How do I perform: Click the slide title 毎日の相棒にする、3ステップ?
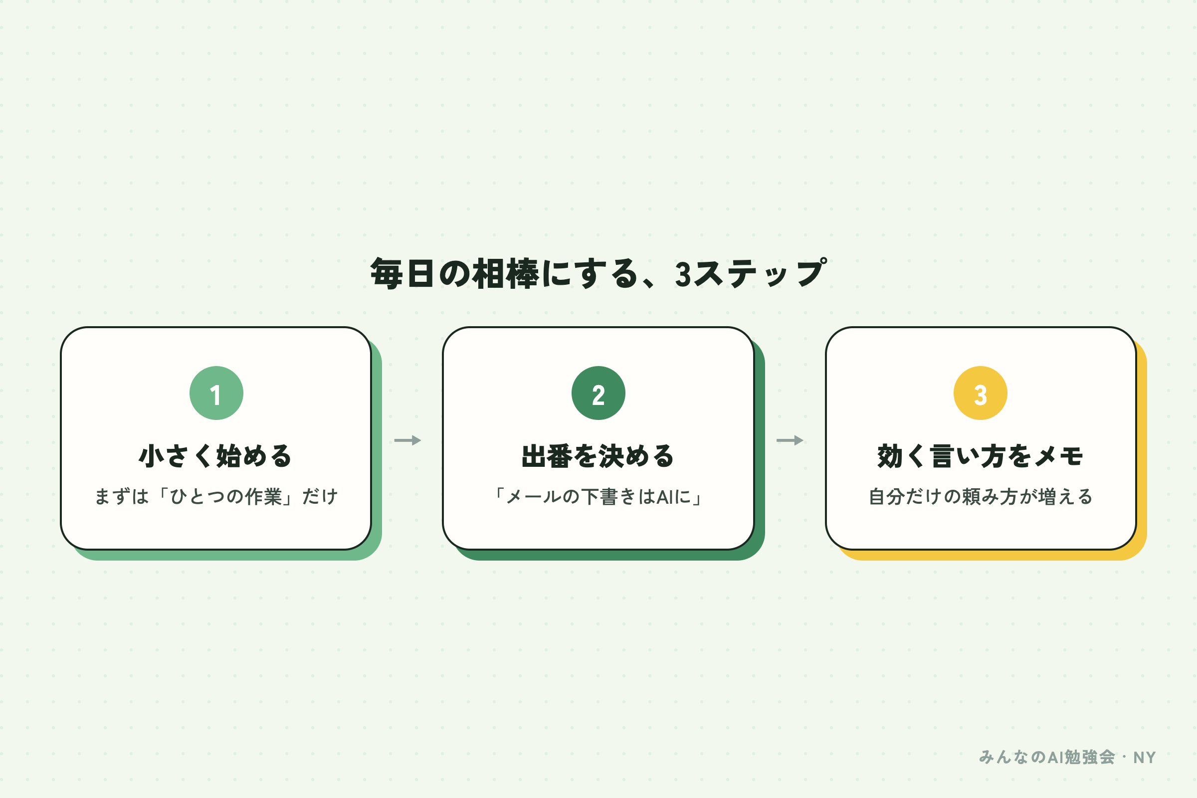click(x=598, y=273)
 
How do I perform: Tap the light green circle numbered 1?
click(x=216, y=393)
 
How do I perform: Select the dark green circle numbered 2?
click(x=598, y=393)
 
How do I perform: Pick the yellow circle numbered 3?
click(x=980, y=393)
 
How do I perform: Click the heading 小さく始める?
click(x=216, y=455)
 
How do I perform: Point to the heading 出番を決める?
click(x=598, y=455)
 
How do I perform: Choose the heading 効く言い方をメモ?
click(x=980, y=455)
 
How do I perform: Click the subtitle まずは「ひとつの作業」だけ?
click(x=216, y=496)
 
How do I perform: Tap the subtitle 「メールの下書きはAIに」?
click(x=598, y=496)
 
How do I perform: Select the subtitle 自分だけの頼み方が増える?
click(x=980, y=496)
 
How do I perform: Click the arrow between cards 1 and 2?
click(x=407, y=440)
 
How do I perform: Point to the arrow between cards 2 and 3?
click(x=790, y=440)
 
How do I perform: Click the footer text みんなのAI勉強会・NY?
click(x=1067, y=757)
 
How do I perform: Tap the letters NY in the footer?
click(x=1145, y=758)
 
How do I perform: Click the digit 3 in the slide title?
click(x=683, y=275)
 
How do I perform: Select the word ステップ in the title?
click(x=760, y=273)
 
